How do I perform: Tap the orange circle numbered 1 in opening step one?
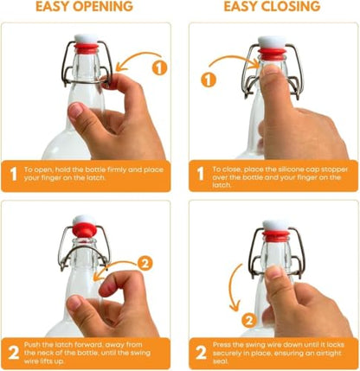point(159,68)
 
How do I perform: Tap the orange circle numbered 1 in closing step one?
point(209,80)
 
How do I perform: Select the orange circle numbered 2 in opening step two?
point(145,263)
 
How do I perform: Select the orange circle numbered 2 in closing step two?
point(249,320)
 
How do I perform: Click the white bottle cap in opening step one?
point(87,39)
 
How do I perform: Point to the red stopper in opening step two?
point(84,230)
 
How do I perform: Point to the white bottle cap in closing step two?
point(276,225)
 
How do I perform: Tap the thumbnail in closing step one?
point(271,70)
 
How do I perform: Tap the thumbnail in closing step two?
point(274,272)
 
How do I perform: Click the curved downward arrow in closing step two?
point(232,288)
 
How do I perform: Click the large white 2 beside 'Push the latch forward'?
point(13,352)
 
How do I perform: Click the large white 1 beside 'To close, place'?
point(201,174)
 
